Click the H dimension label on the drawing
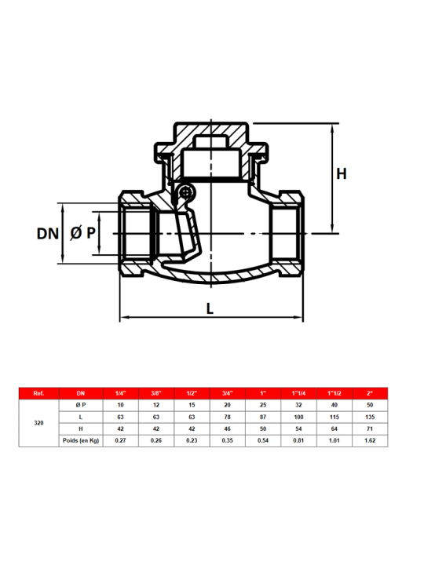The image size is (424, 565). [x=341, y=173]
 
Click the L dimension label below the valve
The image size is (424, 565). [x=210, y=308]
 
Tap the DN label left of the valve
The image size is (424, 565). [x=48, y=234]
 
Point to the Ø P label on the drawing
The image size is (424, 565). [x=83, y=233]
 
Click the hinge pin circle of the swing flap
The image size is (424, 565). [x=186, y=192]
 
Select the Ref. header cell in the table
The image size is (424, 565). [x=38, y=393]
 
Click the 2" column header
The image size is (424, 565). [x=370, y=393]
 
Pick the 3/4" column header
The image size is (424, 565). [x=227, y=393]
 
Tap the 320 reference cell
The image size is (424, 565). [x=38, y=423]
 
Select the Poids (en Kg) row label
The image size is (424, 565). [x=81, y=440]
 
